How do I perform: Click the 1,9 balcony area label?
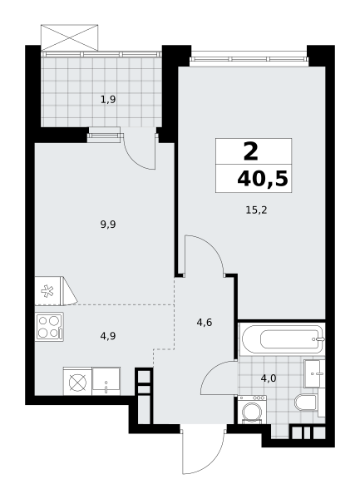108,100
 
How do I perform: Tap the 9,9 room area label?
108,225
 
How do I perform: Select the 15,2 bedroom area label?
256,210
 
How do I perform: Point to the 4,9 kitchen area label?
108,336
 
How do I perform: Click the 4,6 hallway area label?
205,323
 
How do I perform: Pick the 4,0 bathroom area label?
269,378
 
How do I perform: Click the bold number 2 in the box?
251,152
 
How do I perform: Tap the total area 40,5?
263,179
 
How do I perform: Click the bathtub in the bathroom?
283,339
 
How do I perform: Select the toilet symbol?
306,402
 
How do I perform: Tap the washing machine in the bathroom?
252,409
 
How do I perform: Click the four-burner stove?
49,327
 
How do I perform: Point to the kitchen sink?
106,381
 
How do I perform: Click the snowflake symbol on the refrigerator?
47,291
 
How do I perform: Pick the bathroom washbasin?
314,373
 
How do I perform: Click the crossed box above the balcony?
70,37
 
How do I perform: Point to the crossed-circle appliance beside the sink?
78,381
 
